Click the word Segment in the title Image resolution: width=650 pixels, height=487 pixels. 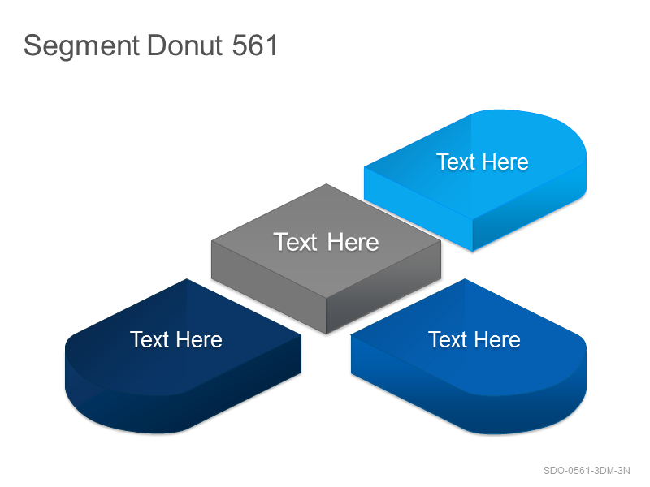click(x=82, y=45)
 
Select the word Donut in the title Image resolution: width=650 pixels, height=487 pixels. click(x=185, y=45)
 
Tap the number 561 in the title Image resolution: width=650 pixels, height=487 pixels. click(x=254, y=45)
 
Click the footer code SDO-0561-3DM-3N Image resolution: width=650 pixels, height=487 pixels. click(x=587, y=471)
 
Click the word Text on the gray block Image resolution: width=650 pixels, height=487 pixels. click(x=295, y=242)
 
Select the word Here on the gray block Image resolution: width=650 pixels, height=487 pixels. click(x=353, y=242)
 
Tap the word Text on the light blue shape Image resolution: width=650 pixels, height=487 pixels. click(x=456, y=162)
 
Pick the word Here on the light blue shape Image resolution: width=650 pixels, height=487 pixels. click(x=505, y=162)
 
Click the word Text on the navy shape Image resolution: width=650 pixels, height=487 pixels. click(x=149, y=339)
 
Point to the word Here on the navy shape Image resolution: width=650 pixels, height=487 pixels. click(x=199, y=339)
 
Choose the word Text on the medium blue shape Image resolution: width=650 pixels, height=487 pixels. click(x=448, y=339)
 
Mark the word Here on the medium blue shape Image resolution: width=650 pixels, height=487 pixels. click(x=497, y=339)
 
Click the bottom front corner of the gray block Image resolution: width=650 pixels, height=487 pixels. click(x=327, y=334)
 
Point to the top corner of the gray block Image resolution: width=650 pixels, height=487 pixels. click(x=327, y=184)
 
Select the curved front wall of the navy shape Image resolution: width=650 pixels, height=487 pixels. click(x=124, y=410)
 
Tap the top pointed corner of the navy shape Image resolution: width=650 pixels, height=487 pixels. click(x=187, y=279)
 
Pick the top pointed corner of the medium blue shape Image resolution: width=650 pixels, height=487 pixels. click(x=465, y=279)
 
